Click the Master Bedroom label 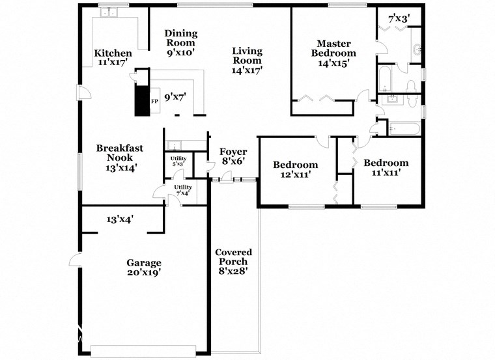click(x=333, y=53)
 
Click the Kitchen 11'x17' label click(x=113, y=58)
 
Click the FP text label click(x=154, y=102)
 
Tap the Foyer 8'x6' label click(x=233, y=156)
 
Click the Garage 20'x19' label click(x=143, y=268)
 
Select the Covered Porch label click(x=233, y=261)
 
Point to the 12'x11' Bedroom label click(x=295, y=169)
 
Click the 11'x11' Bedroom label click(x=386, y=167)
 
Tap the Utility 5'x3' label click(x=178, y=161)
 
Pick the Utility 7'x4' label click(x=182, y=190)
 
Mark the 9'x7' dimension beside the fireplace click(x=175, y=97)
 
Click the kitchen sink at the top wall click(x=107, y=12)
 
